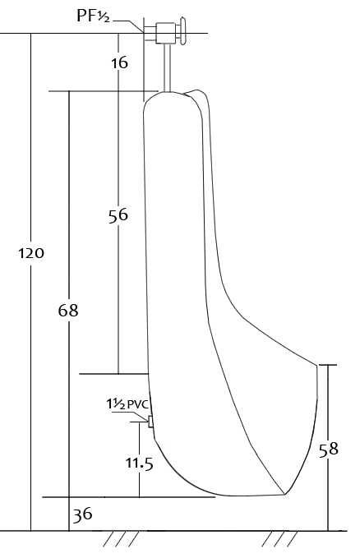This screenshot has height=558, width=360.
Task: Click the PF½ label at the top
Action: pos(93,16)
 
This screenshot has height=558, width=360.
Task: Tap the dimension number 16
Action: pos(119,63)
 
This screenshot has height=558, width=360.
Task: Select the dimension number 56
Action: pos(118,215)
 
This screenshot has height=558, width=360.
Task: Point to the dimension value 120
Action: pos(31,253)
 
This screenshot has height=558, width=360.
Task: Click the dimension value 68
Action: pos(68,311)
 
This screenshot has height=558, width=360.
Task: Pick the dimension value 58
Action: pos(328,449)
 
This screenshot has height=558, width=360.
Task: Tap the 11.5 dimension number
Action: pos(139,463)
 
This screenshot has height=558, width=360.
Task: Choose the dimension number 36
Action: pos(83,514)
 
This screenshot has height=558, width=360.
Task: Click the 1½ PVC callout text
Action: pos(128,404)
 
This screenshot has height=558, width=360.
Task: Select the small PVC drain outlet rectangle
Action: pos(150,422)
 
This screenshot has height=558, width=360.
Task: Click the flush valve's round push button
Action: pos(183,31)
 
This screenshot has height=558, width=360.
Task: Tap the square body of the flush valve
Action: pos(165,33)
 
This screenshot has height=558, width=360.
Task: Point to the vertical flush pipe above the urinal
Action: pos(168,67)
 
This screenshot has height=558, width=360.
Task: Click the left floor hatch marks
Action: pos(121,539)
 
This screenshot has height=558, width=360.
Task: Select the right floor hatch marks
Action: pos(279,539)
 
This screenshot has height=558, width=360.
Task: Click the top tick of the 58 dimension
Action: pos(328,365)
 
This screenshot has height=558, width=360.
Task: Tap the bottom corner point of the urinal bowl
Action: pos(284,494)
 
